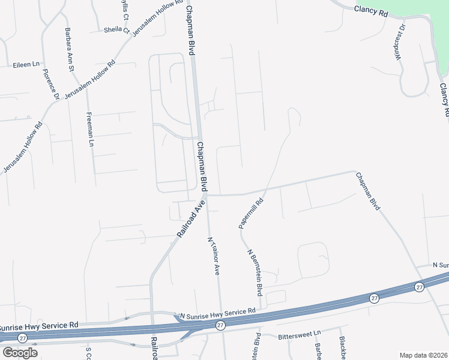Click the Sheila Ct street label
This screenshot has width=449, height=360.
[x=116, y=29]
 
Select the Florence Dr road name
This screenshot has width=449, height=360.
[x=50, y=85]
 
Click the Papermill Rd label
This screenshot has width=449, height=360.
[x=252, y=214]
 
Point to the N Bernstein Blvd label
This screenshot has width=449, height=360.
[x=255, y=273]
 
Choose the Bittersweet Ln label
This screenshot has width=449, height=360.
[x=300, y=336]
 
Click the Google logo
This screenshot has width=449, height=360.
[x=20, y=352]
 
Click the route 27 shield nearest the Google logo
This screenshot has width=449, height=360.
[x=23, y=338]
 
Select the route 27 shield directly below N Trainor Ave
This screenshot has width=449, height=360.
[x=220, y=325]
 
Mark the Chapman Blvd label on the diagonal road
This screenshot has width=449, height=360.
[x=368, y=191]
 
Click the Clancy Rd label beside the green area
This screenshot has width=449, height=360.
[x=371, y=10]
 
